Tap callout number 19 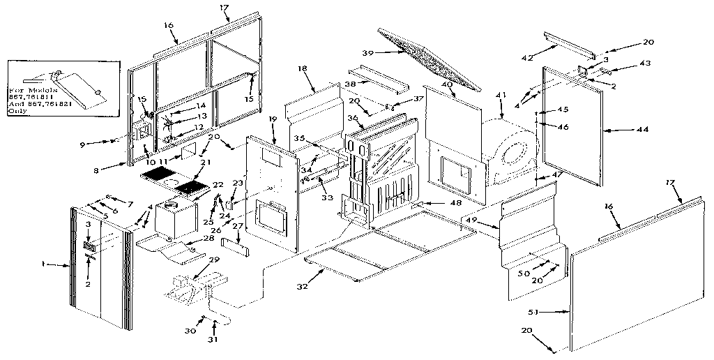pyautogui.click(x=273, y=119)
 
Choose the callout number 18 pyautogui.click(x=302, y=68)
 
